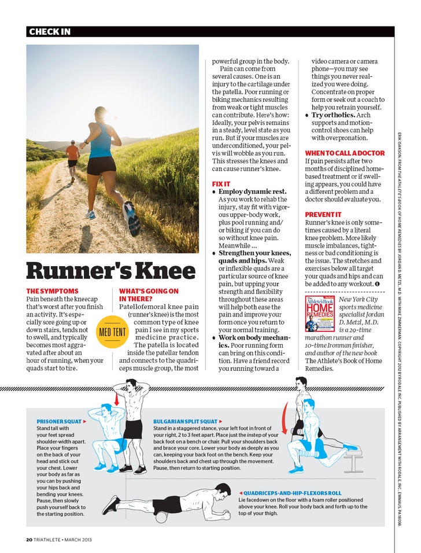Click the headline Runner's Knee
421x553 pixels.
(112, 270)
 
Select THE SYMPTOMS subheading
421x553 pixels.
(53, 291)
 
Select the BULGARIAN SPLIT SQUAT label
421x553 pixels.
(185, 421)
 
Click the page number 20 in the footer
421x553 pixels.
(29, 540)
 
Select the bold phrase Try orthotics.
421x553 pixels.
(333, 115)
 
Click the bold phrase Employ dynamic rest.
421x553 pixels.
(252, 191)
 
